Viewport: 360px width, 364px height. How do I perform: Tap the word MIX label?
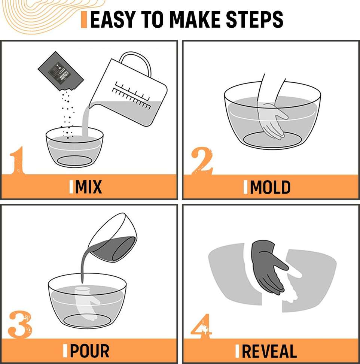88,187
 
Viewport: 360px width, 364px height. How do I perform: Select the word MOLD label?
270,187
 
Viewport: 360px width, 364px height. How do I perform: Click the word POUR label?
89,351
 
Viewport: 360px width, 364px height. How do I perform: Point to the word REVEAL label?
269,351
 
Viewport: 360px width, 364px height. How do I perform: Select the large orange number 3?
19,324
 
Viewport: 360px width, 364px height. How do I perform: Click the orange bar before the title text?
84,19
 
